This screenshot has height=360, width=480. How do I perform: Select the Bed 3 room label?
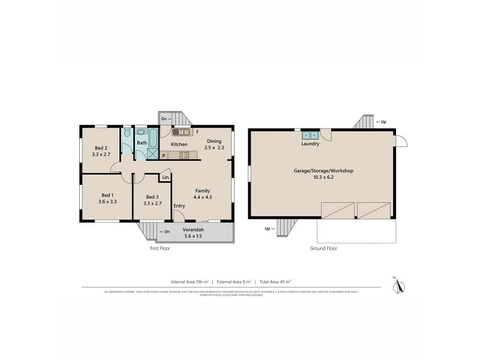coord(152,196)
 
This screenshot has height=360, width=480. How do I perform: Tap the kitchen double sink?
coord(181,131)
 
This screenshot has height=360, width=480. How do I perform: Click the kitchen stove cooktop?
coord(184,155)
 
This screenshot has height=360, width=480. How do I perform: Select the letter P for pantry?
coord(164,155)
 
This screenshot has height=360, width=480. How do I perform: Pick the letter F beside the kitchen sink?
coord(197,131)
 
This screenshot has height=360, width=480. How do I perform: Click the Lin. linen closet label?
coord(166,178)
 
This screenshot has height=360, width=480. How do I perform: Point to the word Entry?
coord(179,206)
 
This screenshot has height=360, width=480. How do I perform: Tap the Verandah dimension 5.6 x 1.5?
coord(194,236)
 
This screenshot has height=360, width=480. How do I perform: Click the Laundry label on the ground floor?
coord(310,143)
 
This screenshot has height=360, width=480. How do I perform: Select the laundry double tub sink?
coord(310,135)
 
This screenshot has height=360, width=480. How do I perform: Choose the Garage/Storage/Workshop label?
coord(323,171)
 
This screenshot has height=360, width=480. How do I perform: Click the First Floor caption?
coord(160,248)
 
